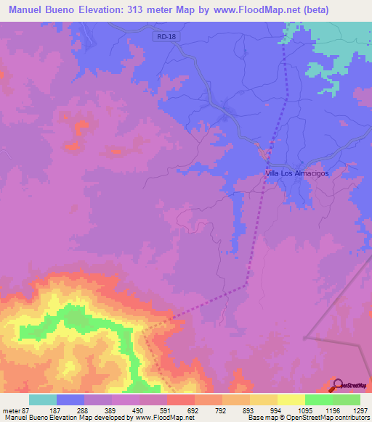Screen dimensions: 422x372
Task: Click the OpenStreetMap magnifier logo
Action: (338, 384)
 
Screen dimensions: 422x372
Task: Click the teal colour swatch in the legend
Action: (43, 400)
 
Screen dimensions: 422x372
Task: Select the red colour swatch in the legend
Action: (181, 400)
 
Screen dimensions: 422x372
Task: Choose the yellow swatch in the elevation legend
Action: (291, 400)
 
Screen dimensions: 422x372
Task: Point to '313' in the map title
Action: (143, 9)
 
